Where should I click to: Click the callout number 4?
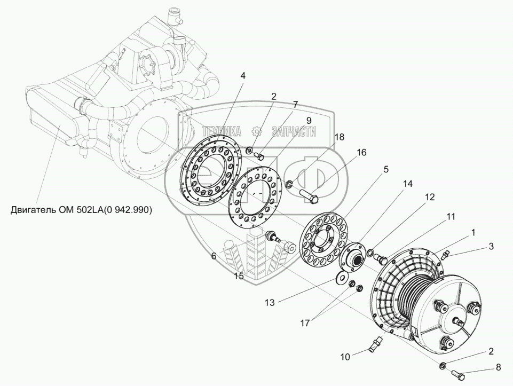[243, 75]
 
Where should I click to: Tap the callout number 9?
[308, 121]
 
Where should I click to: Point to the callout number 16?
[361, 153]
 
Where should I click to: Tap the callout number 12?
[429, 197]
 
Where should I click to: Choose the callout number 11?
[451, 217]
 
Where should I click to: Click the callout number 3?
[491, 246]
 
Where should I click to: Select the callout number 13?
[270, 302]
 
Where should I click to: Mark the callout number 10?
[345, 356]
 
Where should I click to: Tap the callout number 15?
[239, 275]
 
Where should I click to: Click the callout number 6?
[213, 256]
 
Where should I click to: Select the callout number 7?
[295, 105]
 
